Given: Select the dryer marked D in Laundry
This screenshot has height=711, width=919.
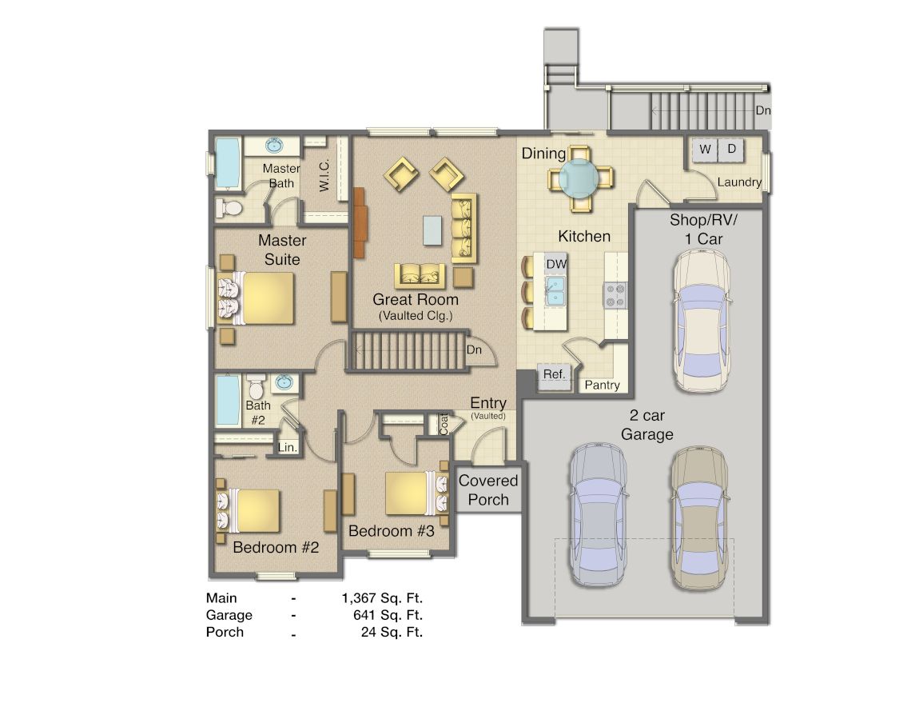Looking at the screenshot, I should point(731,150).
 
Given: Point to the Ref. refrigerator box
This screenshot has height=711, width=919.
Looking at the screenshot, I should point(554,375).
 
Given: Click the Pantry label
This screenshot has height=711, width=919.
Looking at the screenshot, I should point(603,385).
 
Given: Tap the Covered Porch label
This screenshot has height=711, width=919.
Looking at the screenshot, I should point(488,489).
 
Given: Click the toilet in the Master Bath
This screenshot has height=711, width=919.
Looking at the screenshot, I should point(229,208).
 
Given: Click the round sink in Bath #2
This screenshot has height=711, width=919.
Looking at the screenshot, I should point(284,383).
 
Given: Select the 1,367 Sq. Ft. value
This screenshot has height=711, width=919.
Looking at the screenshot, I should point(382,597).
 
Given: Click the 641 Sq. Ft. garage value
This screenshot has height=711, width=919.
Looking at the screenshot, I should point(388,615).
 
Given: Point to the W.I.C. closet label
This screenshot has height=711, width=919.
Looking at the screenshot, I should point(324,174).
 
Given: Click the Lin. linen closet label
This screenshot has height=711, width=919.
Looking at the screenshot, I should point(288,448).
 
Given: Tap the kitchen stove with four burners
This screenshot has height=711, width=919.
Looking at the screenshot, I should point(614,295).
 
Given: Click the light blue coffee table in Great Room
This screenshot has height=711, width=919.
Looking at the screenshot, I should point(432,230).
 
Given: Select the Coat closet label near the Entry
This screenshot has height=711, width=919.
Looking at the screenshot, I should point(444,424).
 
